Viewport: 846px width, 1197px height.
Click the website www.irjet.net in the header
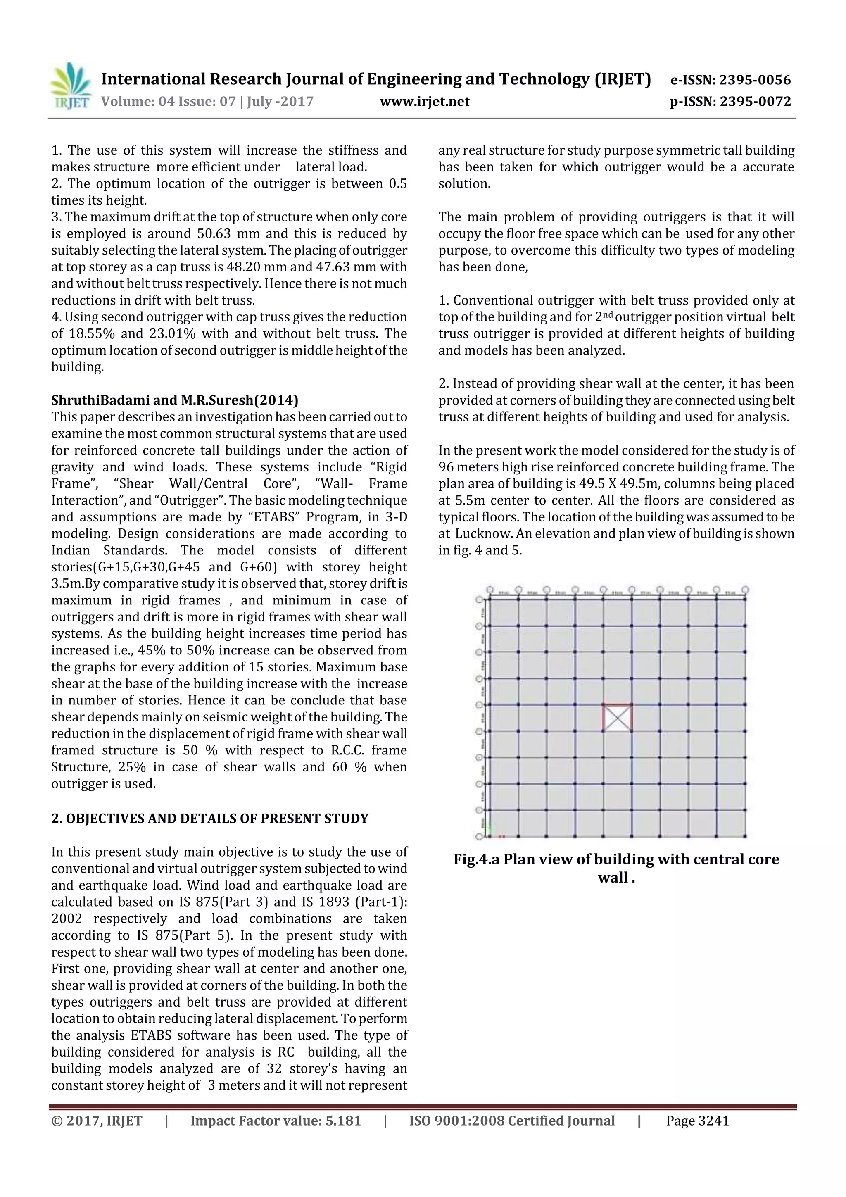(x=424, y=102)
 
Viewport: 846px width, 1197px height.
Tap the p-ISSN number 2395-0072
(x=755, y=102)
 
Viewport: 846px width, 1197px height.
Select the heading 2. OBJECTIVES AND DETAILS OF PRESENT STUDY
(x=209, y=819)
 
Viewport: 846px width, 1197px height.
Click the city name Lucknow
(x=482, y=534)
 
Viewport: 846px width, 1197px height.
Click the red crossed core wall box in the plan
(x=617, y=718)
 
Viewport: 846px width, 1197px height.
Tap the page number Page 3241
(x=697, y=1121)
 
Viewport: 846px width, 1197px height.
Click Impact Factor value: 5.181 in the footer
(x=276, y=1121)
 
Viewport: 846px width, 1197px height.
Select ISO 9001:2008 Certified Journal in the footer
(x=512, y=1121)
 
